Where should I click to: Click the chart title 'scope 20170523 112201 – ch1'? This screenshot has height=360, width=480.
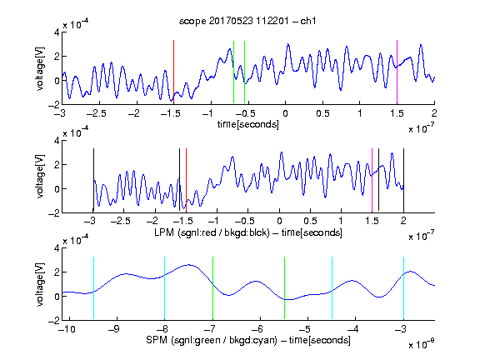click(x=247, y=21)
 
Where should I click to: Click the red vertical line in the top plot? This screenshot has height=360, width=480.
click(x=173, y=72)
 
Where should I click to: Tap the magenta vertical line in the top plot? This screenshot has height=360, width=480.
click(x=397, y=72)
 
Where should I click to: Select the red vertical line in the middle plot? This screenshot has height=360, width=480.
click(x=186, y=180)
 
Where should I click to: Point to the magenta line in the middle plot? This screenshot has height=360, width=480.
click(x=372, y=180)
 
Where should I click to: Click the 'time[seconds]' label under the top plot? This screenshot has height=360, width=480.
click(x=248, y=124)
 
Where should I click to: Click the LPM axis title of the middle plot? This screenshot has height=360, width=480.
click(x=248, y=232)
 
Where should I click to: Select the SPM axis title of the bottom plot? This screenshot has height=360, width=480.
click(x=248, y=340)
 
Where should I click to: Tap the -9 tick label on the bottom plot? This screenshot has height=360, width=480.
click(x=114, y=329)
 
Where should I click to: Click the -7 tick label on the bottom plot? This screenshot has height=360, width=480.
click(x=210, y=329)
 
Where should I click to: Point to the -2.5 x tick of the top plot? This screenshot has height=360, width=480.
click(x=97, y=113)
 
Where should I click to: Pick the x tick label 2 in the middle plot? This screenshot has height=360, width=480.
click(x=403, y=221)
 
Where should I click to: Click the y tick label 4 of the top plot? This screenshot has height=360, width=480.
click(x=57, y=32)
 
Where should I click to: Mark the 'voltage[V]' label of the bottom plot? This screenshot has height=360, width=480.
click(x=40, y=284)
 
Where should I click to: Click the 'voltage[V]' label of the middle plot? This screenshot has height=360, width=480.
click(x=40, y=177)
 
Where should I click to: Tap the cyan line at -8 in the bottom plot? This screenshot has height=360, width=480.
click(x=165, y=288)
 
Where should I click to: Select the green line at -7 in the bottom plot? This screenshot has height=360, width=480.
click(x=212, y=288)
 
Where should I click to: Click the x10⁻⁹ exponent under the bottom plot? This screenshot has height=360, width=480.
click(x=422, y=344)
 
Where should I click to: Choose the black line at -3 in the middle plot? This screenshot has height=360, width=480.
click(x=93, y=180)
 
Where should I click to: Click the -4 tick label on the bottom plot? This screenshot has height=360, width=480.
click(x=353, y=329)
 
